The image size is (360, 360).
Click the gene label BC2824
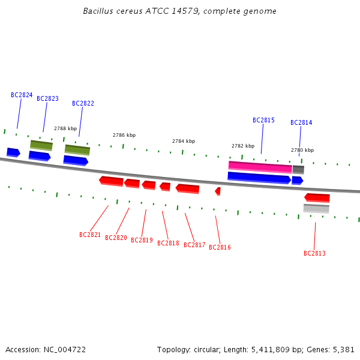22,95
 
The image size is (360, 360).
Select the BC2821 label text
90,235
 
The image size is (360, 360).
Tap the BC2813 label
314,253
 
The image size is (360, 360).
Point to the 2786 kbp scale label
124,135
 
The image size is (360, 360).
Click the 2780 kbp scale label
302,150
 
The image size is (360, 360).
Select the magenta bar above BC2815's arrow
260,167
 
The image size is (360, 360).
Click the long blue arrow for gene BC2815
259,178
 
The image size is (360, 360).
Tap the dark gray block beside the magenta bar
298,170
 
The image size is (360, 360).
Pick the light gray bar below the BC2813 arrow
316,208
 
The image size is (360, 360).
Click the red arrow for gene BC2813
317,198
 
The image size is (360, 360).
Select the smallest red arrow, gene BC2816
218,191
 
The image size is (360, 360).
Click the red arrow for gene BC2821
112,181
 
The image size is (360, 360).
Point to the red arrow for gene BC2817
188,189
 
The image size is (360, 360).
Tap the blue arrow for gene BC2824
14,152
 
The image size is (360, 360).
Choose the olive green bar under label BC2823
41,145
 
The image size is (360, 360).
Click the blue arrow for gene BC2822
76,160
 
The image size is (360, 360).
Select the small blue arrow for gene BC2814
298,181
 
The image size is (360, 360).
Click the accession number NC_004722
65,350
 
